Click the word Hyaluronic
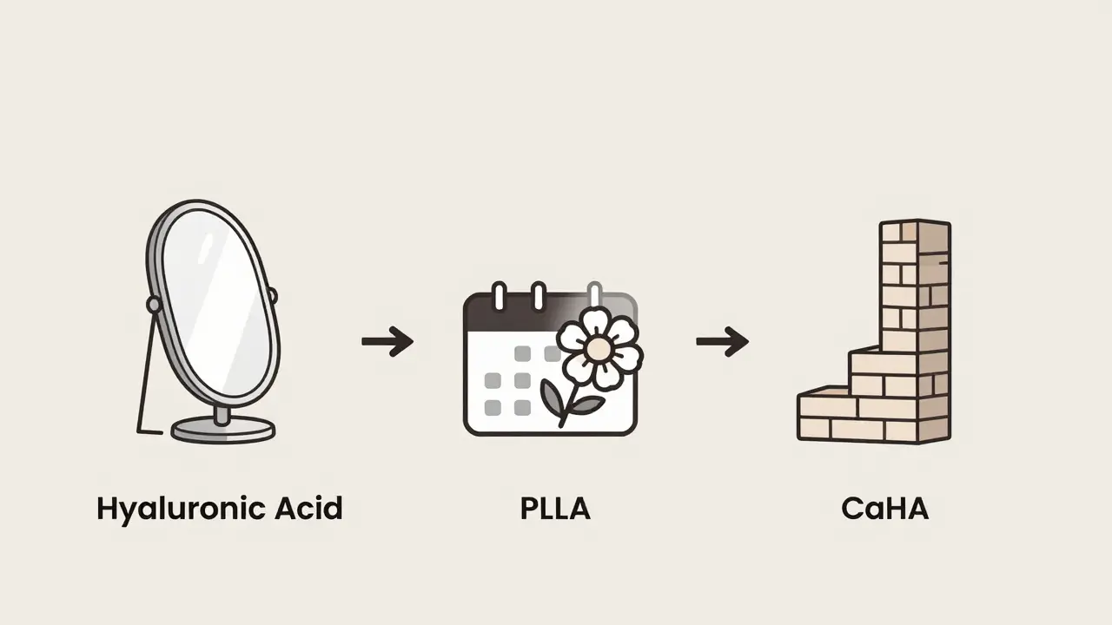click(x=181, y=510)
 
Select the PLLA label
click(x=555, y=509)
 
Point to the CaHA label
click(x=885, y=509)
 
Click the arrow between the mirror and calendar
click(x=387, y=341)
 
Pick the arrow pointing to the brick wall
click(x=722, y=341)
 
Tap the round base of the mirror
click(x=223, y=430)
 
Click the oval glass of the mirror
click(x=218, y=304)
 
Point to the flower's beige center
click(x=596, y=349)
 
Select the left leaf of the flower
click(x=552, y=397)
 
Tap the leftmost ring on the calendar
click(x=499, y=297)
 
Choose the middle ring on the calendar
click(x=538, y=297)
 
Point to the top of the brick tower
click(x=916, y=223)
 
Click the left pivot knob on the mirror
click(x=154, y=304)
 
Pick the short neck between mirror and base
click(x=223, y=416)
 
